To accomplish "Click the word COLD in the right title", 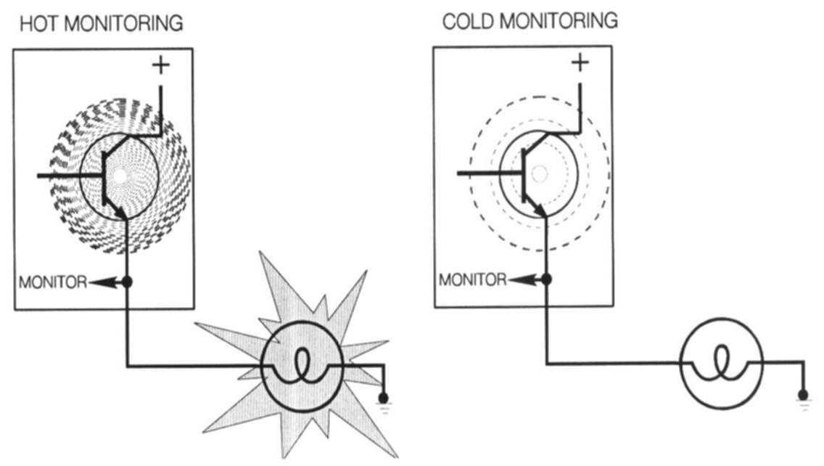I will (465, 21).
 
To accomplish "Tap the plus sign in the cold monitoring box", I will (580, 63).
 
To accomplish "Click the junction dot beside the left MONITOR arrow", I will (127, 282).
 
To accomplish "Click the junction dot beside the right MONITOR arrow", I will (547, 279).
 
